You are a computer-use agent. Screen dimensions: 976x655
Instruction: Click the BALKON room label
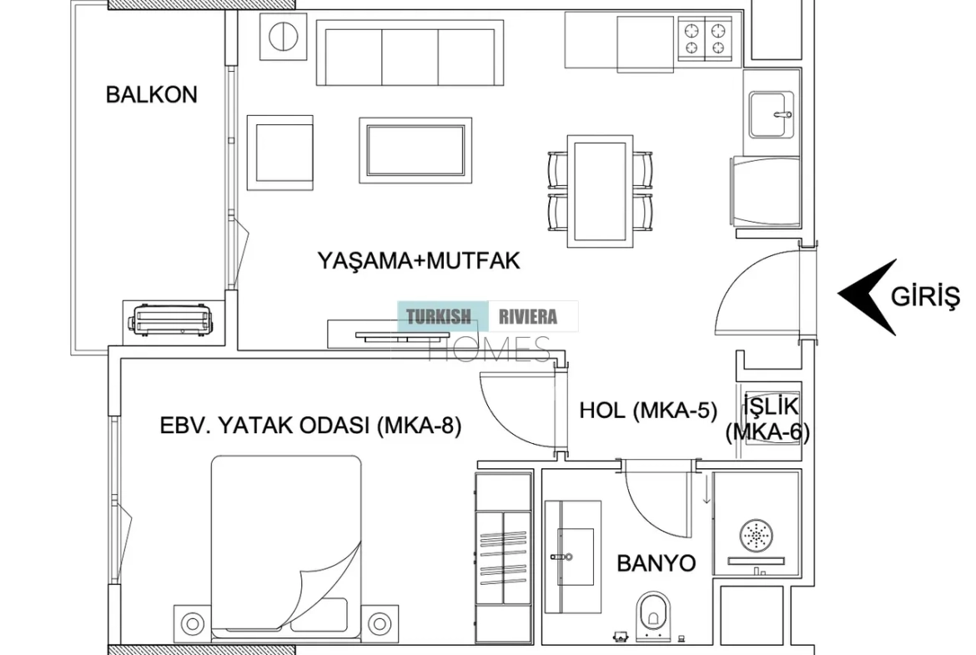(x=151, y=94)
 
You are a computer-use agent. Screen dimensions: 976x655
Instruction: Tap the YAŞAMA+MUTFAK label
(x=418, y=260)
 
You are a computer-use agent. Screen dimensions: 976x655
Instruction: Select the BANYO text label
(x=656, y=563)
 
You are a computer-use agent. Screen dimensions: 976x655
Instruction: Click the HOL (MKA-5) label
(x=648, y=411)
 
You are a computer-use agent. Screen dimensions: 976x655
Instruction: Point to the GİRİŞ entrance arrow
(x=868, y=297)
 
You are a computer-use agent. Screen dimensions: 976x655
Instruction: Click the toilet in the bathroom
(x=653, y=615)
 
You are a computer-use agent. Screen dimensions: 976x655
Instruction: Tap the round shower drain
(x=757, y=535)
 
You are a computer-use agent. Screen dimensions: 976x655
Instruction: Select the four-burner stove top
(x=705, y=38)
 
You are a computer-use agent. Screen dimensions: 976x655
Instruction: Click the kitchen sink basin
(x=772, y=114)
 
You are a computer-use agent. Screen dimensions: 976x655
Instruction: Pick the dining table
(x=600, y=191)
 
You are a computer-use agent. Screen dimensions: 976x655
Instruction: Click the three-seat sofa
(x=410, y=53)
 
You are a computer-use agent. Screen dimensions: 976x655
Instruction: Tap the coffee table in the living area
(x=415, y=150)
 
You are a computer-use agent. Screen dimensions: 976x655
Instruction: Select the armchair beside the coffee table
(x=280, y=153)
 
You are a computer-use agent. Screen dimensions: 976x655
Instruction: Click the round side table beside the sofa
(x=284, y=37)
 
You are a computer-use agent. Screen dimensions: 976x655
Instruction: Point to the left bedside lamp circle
(x=193, y=622)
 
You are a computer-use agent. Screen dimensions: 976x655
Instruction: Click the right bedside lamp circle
(x=379, y=622)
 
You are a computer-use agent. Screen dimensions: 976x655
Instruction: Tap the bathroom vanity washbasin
(x=573, y=557)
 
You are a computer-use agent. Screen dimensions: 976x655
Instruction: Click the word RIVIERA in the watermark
(x=528, y=317)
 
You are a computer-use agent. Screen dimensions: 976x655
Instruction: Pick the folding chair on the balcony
(x=171, y=320)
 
